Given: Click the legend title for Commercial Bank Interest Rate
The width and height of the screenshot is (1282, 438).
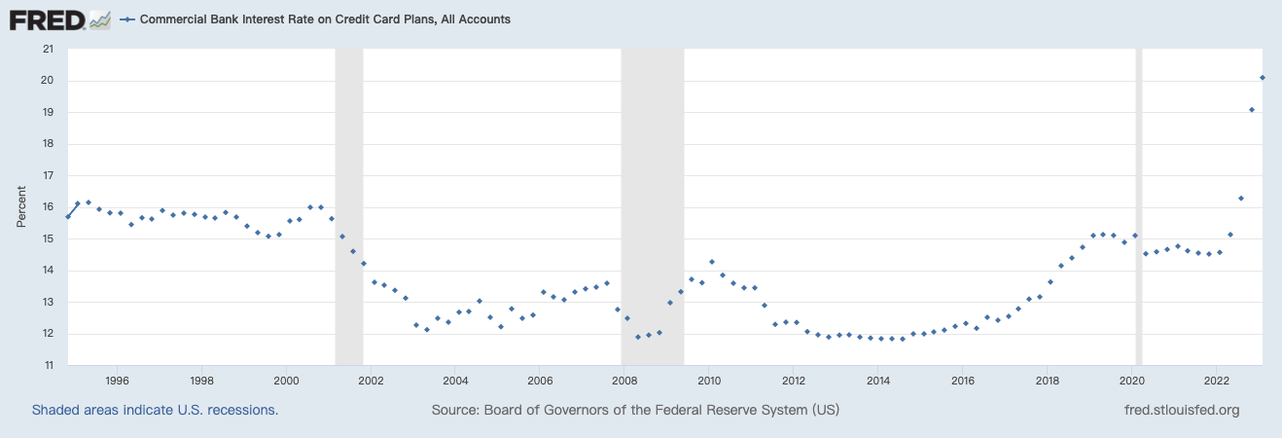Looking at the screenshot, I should coord(325,19).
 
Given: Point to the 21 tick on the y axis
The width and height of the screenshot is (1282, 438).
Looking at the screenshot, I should coord(48,49).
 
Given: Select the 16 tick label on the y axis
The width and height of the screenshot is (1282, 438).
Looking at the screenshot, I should coord(48,207).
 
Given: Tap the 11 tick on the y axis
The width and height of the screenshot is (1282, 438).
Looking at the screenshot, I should coord(48,366).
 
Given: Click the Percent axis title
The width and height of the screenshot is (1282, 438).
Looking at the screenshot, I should coord(21,207).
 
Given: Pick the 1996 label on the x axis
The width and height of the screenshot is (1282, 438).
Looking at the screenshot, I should coord(117,380).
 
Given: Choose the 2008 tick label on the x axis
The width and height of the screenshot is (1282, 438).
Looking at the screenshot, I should coord(624,380).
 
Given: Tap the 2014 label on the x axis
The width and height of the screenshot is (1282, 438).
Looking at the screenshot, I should coord(878,380).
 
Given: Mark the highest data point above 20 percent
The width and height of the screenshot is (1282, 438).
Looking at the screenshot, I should coord(1263,78).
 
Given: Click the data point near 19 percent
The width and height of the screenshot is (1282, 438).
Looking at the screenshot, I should coord(1252,110).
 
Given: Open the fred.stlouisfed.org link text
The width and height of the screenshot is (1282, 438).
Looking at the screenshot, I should coord(1181,410).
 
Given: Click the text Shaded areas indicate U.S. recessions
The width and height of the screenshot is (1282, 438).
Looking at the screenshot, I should coord(156,410).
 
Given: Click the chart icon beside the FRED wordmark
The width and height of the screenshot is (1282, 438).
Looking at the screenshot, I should coord(100,18).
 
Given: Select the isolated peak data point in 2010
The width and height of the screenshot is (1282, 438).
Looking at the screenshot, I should coord(712,262).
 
